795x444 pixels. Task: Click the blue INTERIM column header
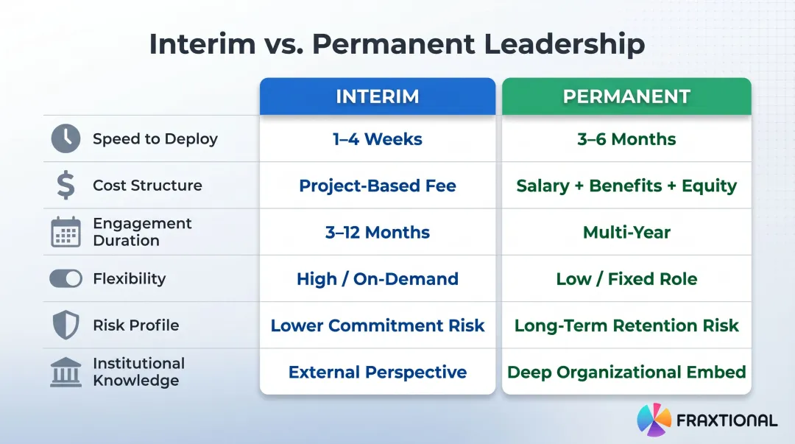click(377, 96)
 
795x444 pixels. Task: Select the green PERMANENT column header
click(626, 96)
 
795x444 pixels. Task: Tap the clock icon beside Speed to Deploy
click(66, 138)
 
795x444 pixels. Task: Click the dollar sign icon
click(66, 186)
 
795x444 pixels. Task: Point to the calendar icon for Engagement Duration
click(66, 232)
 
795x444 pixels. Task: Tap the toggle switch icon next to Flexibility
click(66, 278)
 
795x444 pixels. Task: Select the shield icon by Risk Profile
click(66, 325)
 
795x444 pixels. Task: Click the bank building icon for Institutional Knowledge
click(66, 372)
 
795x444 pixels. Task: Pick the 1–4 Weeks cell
click(377, 139)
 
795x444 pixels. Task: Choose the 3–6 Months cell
click(626, 139)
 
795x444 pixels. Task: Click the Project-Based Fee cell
click(377, 186)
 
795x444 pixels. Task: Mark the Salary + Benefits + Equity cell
click(626, 186)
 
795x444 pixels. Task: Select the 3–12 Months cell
click(377, 232)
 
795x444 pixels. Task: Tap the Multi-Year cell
click(626, 232)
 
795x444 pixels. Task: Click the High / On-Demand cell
click(377, 279)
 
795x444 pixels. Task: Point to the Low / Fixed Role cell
click(626, 279)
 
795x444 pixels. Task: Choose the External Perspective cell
click(377, 372)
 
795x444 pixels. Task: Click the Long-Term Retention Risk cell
click(626, 325)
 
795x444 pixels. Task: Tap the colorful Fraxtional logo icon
click(654, 420)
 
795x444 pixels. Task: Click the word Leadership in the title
click(564, 44)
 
